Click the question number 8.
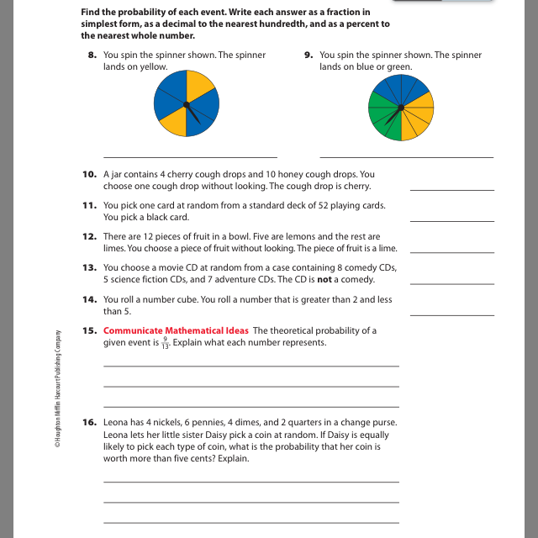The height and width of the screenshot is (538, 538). click(x=92, y=55)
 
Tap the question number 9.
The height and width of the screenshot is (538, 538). click(x=309, y=55)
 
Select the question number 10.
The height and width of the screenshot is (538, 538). click(x=89, y=174)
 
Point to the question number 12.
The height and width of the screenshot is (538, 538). click(x=89, y=236)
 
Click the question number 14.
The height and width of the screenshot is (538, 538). click(x=89, y=298)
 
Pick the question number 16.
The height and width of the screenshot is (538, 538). click(x=89, y=422)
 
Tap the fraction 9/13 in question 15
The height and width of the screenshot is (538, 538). click(x=165, y=343)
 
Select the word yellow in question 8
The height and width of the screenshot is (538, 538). click(x=154, y=66)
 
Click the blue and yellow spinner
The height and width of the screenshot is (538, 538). click(x=187, y=104)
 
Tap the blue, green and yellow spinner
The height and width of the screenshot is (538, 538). click(x=401, y=107)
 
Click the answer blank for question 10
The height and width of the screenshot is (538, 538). click(x=451, y=190)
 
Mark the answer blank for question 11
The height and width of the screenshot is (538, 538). click(x=451, y=220)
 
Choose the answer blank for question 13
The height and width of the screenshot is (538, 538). click(x=451, y=283)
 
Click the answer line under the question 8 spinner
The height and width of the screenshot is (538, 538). click(x=190, y=157)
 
